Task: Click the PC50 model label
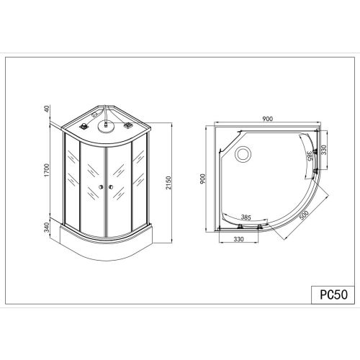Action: [x=333, y=294]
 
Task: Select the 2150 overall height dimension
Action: [x=168, y=183]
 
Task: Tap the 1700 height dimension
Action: [x=47, y=170]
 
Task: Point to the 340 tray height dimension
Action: [x=47, y=228]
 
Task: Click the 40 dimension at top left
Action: [x=47, y=109]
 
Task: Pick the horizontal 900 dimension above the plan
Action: [x=267, y=119]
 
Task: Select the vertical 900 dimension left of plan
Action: [x=203, y=179]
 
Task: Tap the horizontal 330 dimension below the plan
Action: [x=238, y=239]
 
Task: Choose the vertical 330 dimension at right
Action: [x=324, y=150]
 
